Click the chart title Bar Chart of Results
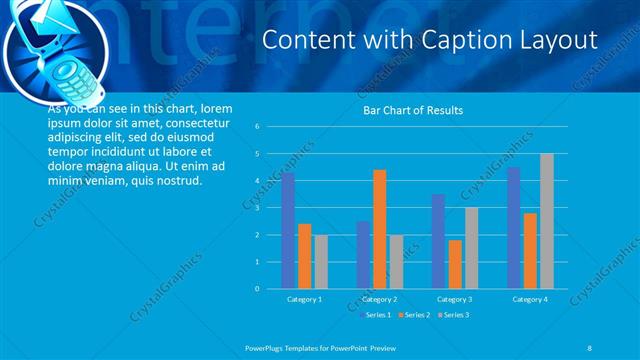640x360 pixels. (x=412, y=110)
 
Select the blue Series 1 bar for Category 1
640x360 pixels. (x=288, y=230)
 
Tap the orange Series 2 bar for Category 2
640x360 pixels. (x=379, y=229)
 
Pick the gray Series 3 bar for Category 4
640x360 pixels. (x=546, y=221)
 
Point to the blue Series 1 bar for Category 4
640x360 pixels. (x=514, y=228)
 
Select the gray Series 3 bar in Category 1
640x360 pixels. (x=320, y=262)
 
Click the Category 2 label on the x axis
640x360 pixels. (x=379, y=299)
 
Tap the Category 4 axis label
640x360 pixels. (x=530, y=299)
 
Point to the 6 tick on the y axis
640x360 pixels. (x=257, y=127)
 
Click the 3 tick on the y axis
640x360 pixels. (x=257, y=208)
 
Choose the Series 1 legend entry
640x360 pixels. (x=376, y=315)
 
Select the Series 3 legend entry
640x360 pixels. (x=452, y=315)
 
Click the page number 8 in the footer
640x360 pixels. (x=590, y=346)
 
